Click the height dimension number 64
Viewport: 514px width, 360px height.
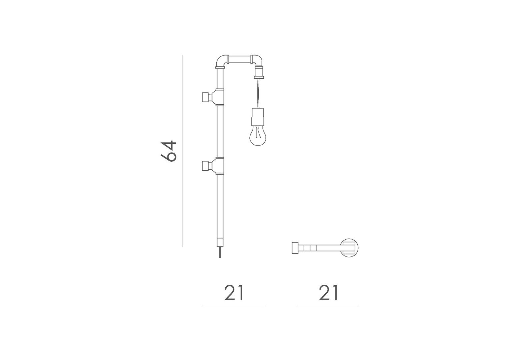pyautogui.click(x=168, y=151)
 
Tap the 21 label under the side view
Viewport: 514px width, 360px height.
pyautogui.click(x=234, y=293)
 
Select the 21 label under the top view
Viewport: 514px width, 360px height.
pyautogui.click(x=328, y=293)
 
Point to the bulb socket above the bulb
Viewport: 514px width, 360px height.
pyautogui.click(x=258, y=117)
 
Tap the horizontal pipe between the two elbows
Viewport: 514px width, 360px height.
pyautogui.click(x=240, y=59)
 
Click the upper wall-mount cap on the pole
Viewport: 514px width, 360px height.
pyautogui.click(x=205, y=97)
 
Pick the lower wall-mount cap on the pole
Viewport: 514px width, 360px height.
pyautogui.click(x=205, y=166)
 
